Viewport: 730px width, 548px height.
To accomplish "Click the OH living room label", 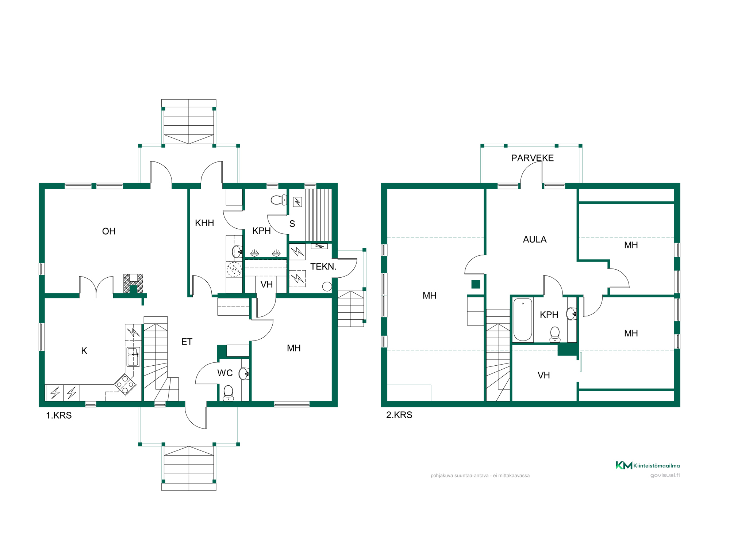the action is click(x=109, y=231).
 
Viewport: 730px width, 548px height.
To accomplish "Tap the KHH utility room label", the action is click(x=204, y=223).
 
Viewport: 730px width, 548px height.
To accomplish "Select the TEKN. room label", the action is click(x=323, y=266).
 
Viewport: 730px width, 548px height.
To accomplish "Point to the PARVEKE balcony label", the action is click(x=532, y=158).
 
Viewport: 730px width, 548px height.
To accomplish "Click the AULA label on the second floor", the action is click(x=535, y=239).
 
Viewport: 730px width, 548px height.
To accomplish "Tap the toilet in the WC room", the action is click(x=228, y=393).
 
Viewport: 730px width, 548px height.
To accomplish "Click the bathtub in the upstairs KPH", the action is click(x=523, y=320).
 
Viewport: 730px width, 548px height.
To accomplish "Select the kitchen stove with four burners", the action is click(x=125, y=384).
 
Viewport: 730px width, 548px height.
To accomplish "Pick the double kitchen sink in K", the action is click(x=133, y=357).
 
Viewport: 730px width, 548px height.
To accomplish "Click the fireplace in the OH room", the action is click(x=133, y=283).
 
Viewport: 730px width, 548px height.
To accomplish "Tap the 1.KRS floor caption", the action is click(x=59, y=415).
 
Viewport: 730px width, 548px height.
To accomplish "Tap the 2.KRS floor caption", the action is click(x=399, y=415).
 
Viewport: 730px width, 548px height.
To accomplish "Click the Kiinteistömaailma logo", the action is click(x=648, y=465).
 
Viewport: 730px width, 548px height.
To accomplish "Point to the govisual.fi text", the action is click(x=665, y=475).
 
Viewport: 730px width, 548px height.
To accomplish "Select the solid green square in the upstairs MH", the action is click(x=476, y=284).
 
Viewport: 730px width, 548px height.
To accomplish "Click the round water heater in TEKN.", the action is click(x=327, y=287).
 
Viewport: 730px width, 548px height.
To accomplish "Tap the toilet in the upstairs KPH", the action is click(x=555, y=334).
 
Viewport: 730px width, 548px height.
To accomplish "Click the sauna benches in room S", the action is click(x=318, y=215).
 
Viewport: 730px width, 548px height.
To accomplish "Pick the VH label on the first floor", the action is click(x=266, y=284).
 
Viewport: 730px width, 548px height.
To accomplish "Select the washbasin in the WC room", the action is click(x=244, y=374).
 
